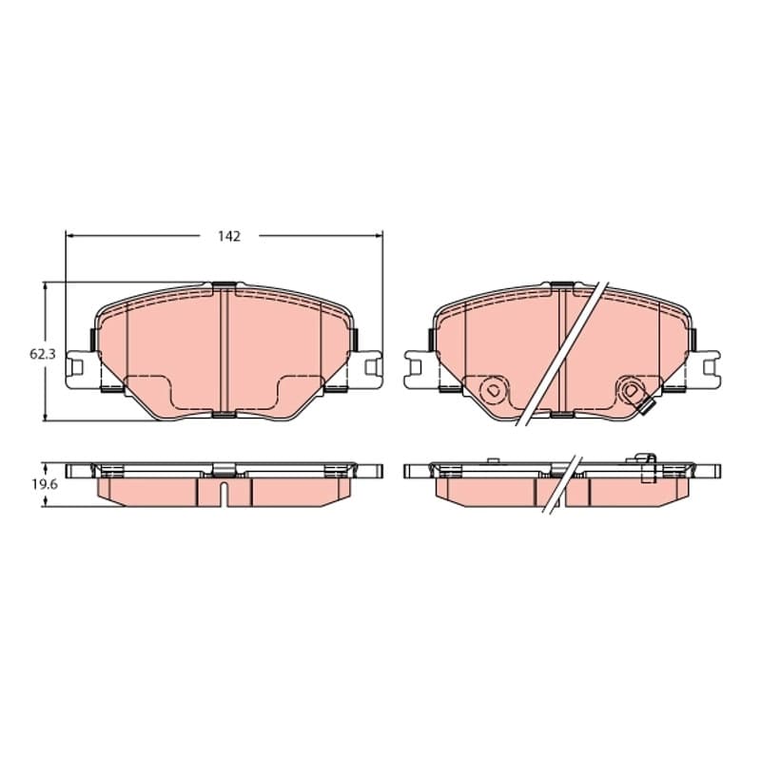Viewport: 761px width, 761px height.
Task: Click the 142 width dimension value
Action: (229, 236)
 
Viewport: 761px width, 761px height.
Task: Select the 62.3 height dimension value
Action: (43, 354)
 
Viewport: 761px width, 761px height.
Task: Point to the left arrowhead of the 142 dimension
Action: (68, 236)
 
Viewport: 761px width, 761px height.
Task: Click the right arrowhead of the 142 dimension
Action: (380, 236)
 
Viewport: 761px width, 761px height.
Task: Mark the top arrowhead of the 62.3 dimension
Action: (45, 286)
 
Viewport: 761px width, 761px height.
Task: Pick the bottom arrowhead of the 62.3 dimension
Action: (45, 418)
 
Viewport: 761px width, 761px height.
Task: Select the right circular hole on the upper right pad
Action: (631, 390)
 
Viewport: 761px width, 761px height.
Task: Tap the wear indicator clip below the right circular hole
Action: (647, 409)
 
